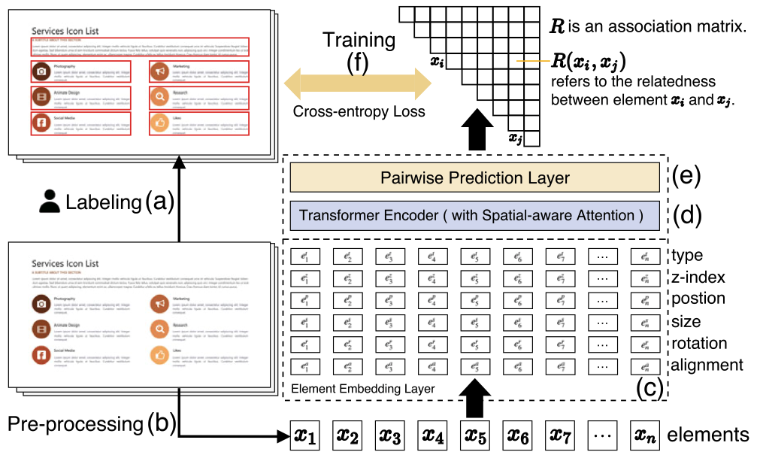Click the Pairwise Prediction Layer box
[474, 178]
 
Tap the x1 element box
[306, 435]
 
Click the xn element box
[646, 435]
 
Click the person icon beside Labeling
[50, 202]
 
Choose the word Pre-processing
[75, 424]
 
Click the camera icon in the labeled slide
[41, 71]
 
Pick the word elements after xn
[708, 435]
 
